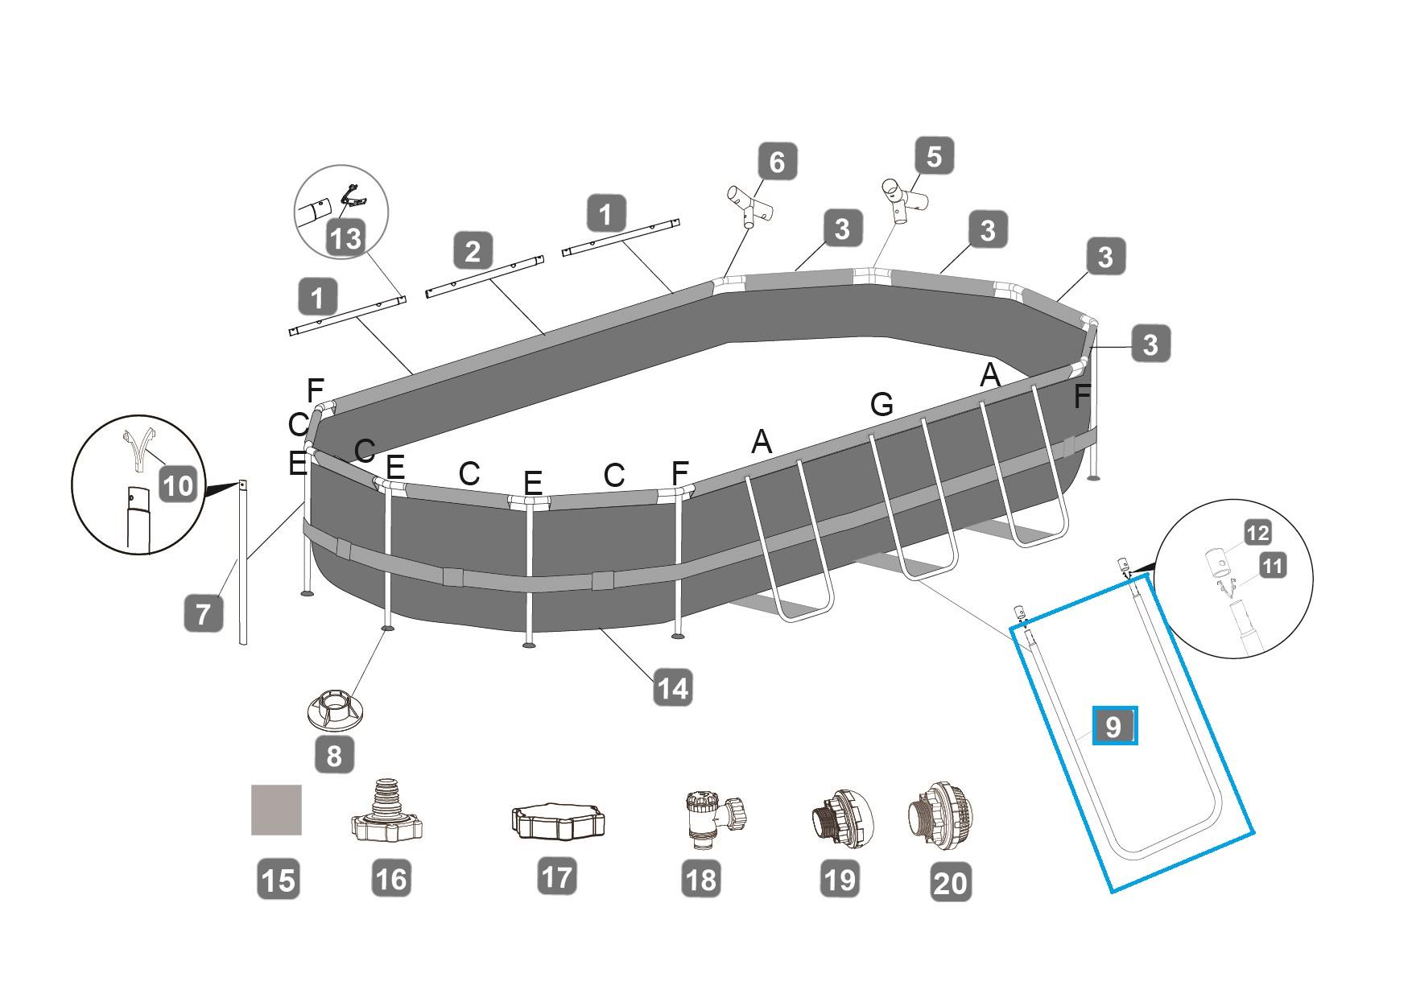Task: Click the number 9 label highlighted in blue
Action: (1114, 727)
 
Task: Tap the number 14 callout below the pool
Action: (672, 688)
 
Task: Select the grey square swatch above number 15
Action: (276, 810)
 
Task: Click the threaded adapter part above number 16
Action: (388, 811)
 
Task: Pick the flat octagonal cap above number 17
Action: (558, 822)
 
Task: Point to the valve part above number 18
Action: (713, 817)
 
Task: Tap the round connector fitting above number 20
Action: (945, 820)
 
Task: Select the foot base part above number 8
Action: (334, 707)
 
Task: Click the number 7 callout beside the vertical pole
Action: (203, 612)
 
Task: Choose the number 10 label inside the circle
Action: (178, 485)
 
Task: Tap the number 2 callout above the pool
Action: (473, 250)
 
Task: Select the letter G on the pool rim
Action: (881, 404)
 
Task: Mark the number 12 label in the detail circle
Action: (1257, 532)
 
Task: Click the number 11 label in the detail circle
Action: (1272, 565)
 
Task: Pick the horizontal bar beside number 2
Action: (485, 276)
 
